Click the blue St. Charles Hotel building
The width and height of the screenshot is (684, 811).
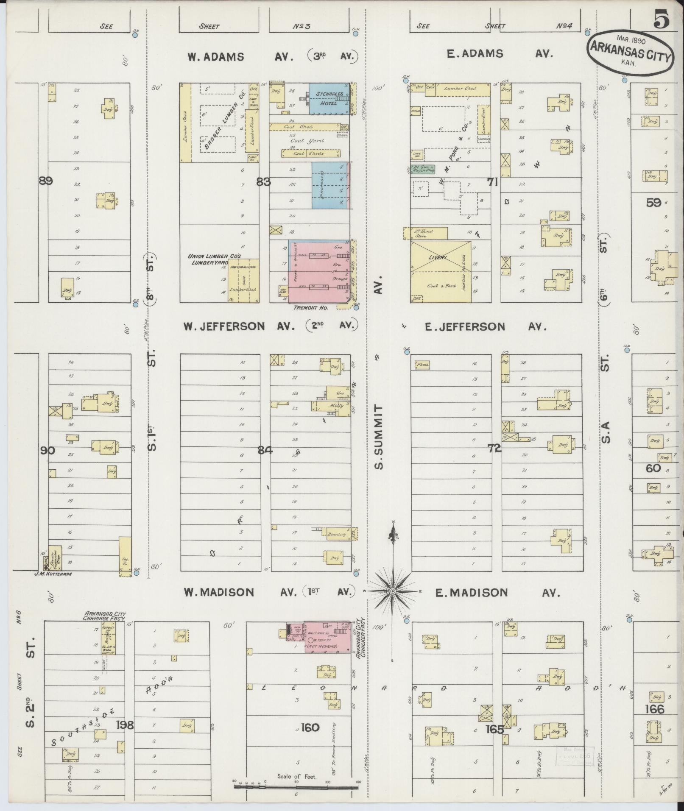pyautogui.click(x=329, y=98)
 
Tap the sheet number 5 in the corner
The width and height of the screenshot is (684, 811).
pyautogui.click(x=661, y=20)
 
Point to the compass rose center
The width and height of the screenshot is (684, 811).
pyautogui.click(x=393, y=591)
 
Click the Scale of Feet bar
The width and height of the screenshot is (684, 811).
pyautogui.click(x=296, y=786)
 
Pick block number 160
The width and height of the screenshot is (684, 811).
pyautogui.click(x=310, y=727)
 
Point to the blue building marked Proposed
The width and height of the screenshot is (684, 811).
pyautogui.click(x=331, y=185)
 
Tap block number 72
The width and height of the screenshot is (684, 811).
pyautogui.click(x=494, y=449)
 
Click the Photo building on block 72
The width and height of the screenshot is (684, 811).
pyautogui.click(x=422, y=364)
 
